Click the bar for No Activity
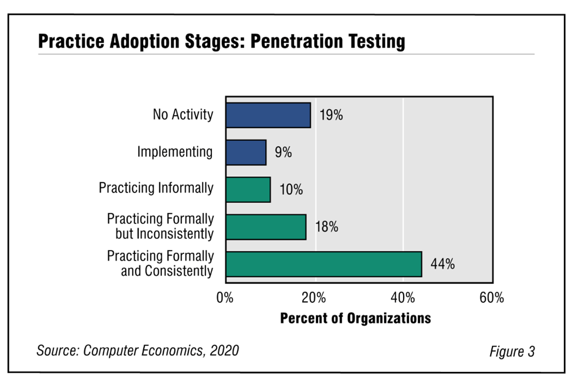pos(268,115)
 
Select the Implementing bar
pos(246,152)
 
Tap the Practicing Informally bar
pos(248,189)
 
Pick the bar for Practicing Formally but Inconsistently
pos(266,227)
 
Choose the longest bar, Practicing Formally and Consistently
pos(324,264)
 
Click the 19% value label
pos(331,115)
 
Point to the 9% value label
pos(283,152)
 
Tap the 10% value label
pos(291,190)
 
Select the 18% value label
pos(327,227)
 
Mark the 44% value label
pos(442,264)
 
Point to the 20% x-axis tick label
pos(315,298)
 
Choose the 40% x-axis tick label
pos(403,298)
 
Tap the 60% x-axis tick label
pos(491,298)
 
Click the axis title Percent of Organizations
pos(355,318)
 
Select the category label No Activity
pos(183,114)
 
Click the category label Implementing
pos(175,152)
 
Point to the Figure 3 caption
pos(512,351)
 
